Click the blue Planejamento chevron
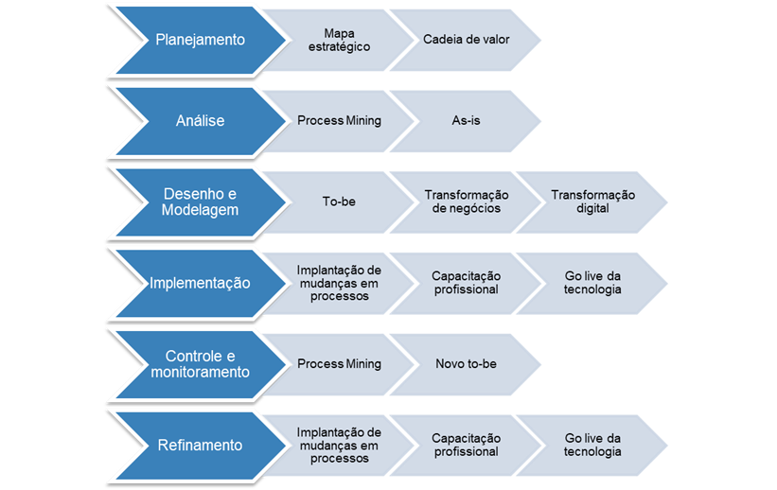click(x=200, y=40)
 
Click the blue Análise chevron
click(x=200, y=121)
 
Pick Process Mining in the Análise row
click(x=339, y=121)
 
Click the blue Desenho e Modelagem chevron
click(x=200, y=202)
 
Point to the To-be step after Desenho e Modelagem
click(x=339, y=202)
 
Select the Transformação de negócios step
click(x=466, y=202)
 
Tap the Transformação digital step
click(x=593, y=202)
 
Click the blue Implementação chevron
click(x=200, y=283)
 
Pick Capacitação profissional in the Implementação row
click(x=466, y=283)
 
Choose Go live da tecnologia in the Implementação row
click(x=593, y=283)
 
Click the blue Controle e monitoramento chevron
click(x=200, y=364)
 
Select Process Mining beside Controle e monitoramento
click(x=339, y=364)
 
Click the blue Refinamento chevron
click(x=200, y=446)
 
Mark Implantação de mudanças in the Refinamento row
click(x=339, y=446)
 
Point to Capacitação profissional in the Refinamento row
click(x=466, y=446)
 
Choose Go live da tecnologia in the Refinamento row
click(x=593, y=446)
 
